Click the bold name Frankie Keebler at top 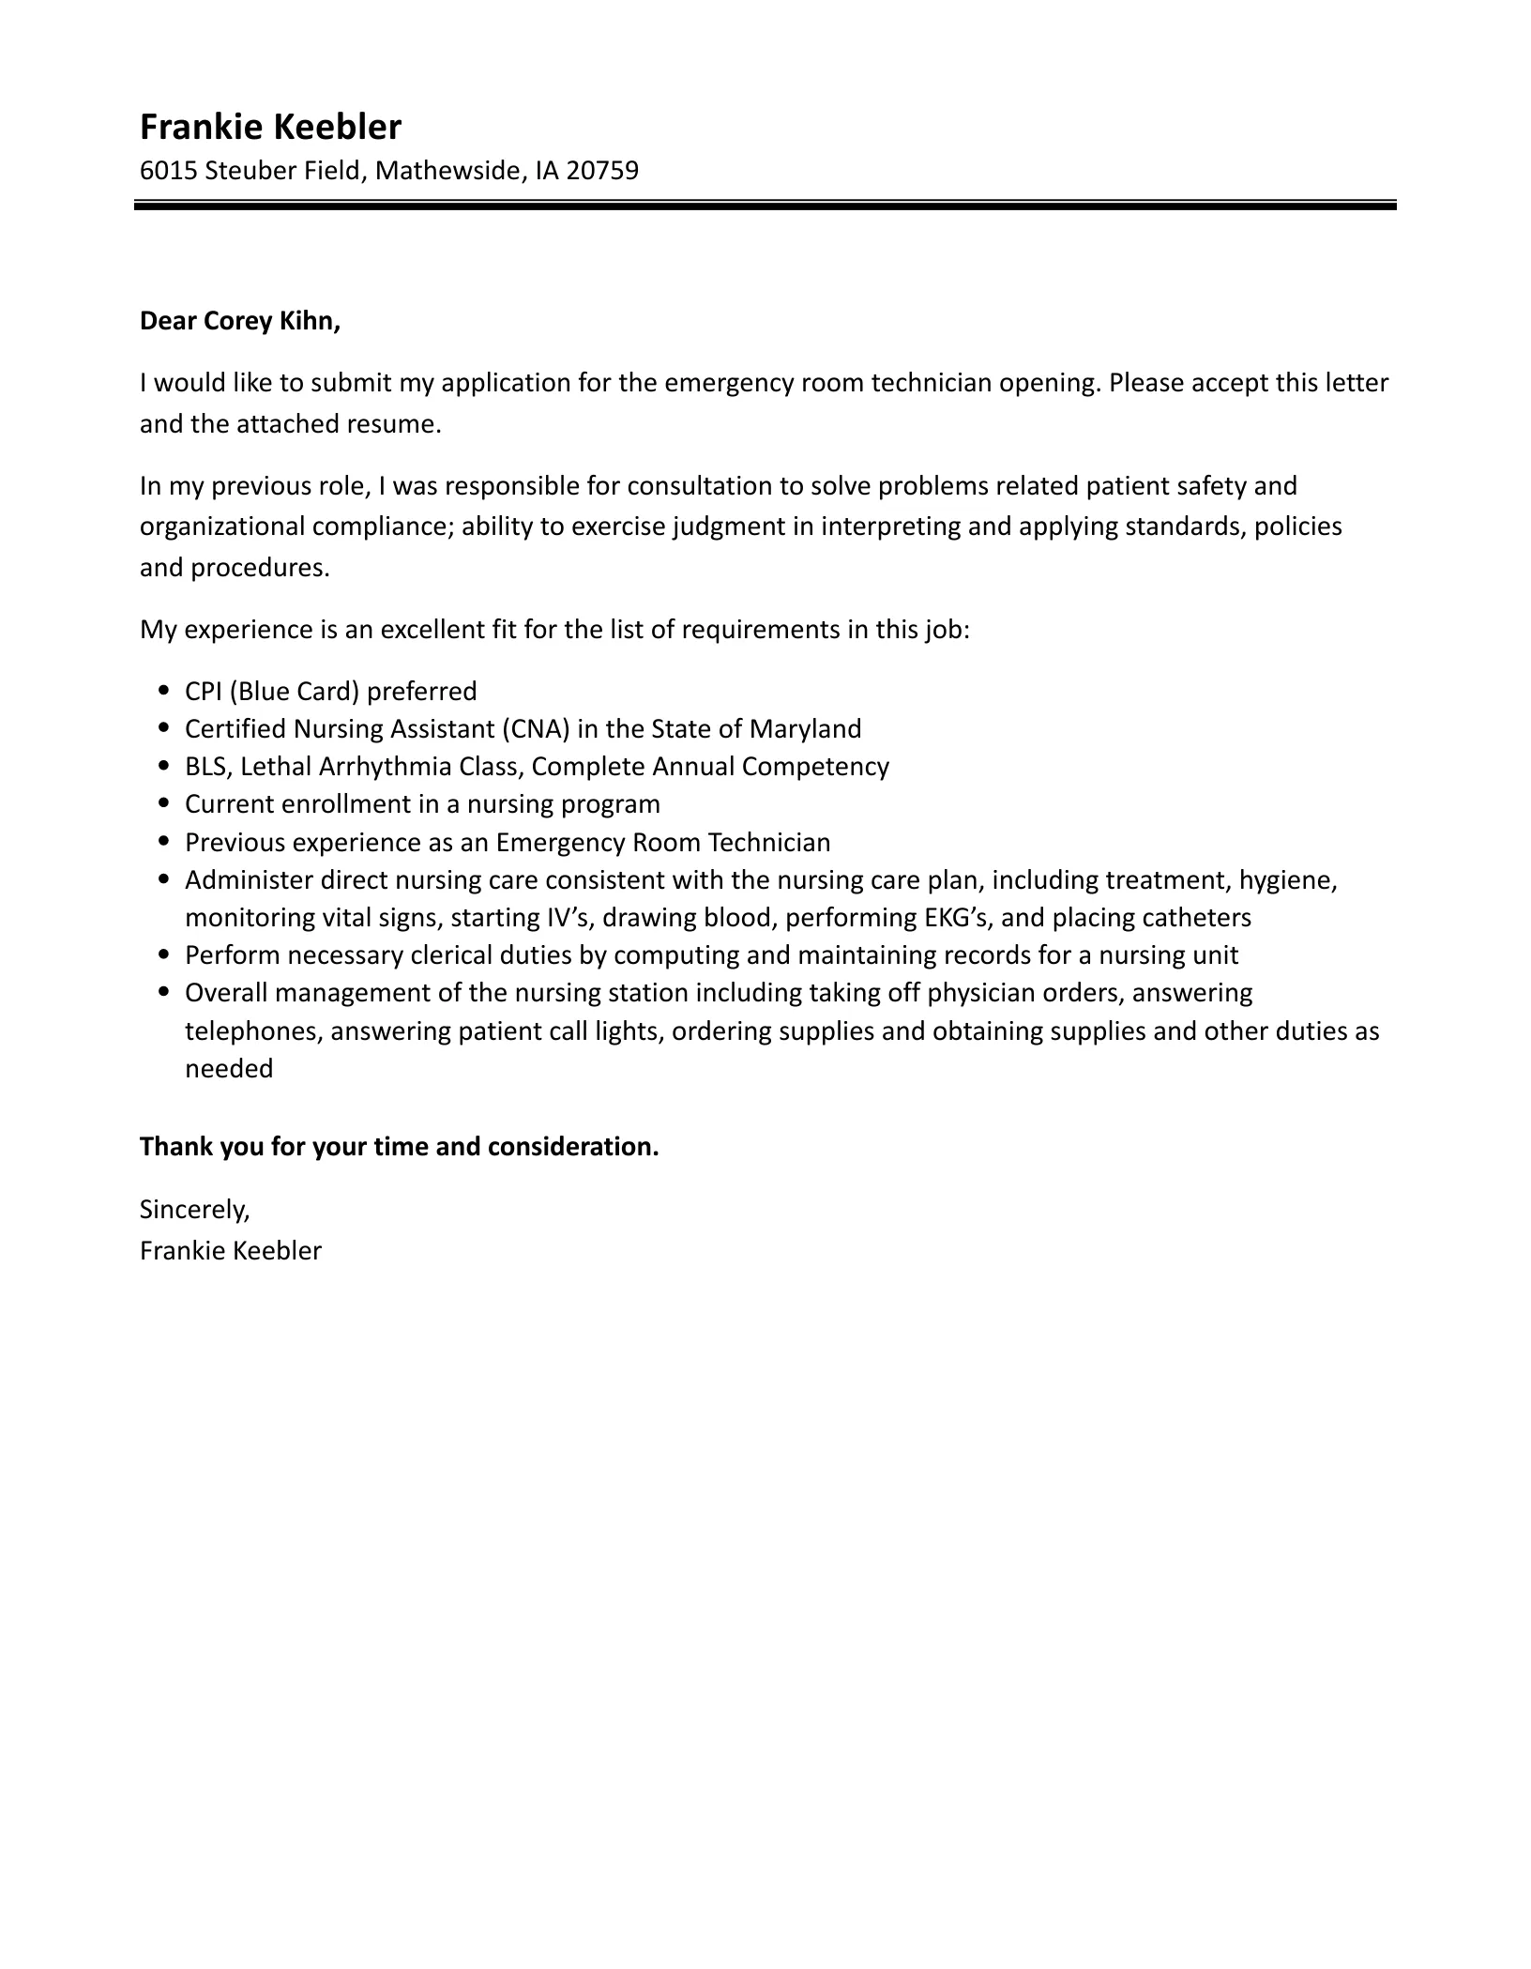pyautogui.click(x=270, y=127)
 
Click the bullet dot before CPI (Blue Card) pyautogui.click(x=165, y=691)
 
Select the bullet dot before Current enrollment pyautogui.click(x=165, y=804)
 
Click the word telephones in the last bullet pyautogui.click(x=252, y=1031)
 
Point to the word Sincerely pyautogui.click(x=194, y=1210)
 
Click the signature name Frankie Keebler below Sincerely pyautogui.click(x=231, y=1251)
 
